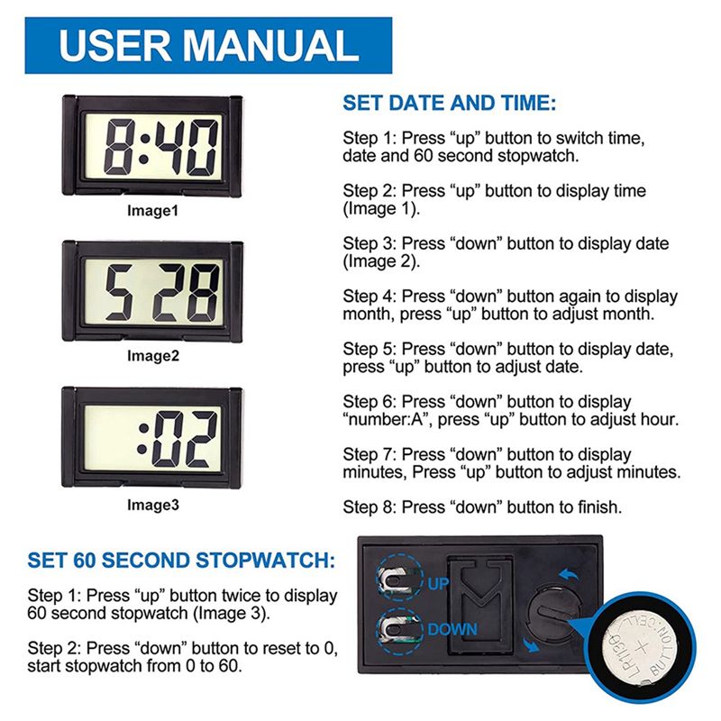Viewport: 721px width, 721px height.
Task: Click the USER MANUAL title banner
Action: coord(208,46)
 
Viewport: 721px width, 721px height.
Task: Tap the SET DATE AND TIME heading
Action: coord(449,103)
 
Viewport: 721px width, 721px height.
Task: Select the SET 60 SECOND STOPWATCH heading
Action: coord(181,560)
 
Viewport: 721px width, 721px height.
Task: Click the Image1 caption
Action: coord(152,211)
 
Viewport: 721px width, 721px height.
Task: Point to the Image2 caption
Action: coord(152,355)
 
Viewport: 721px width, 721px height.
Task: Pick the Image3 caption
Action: coord(152,505)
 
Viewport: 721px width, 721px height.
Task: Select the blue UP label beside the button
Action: coord(438,583)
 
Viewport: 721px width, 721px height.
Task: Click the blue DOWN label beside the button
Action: coord(452,629)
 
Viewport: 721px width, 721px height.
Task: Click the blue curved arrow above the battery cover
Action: coord(569,575)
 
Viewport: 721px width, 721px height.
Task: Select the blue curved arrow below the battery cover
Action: coord(531,644)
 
